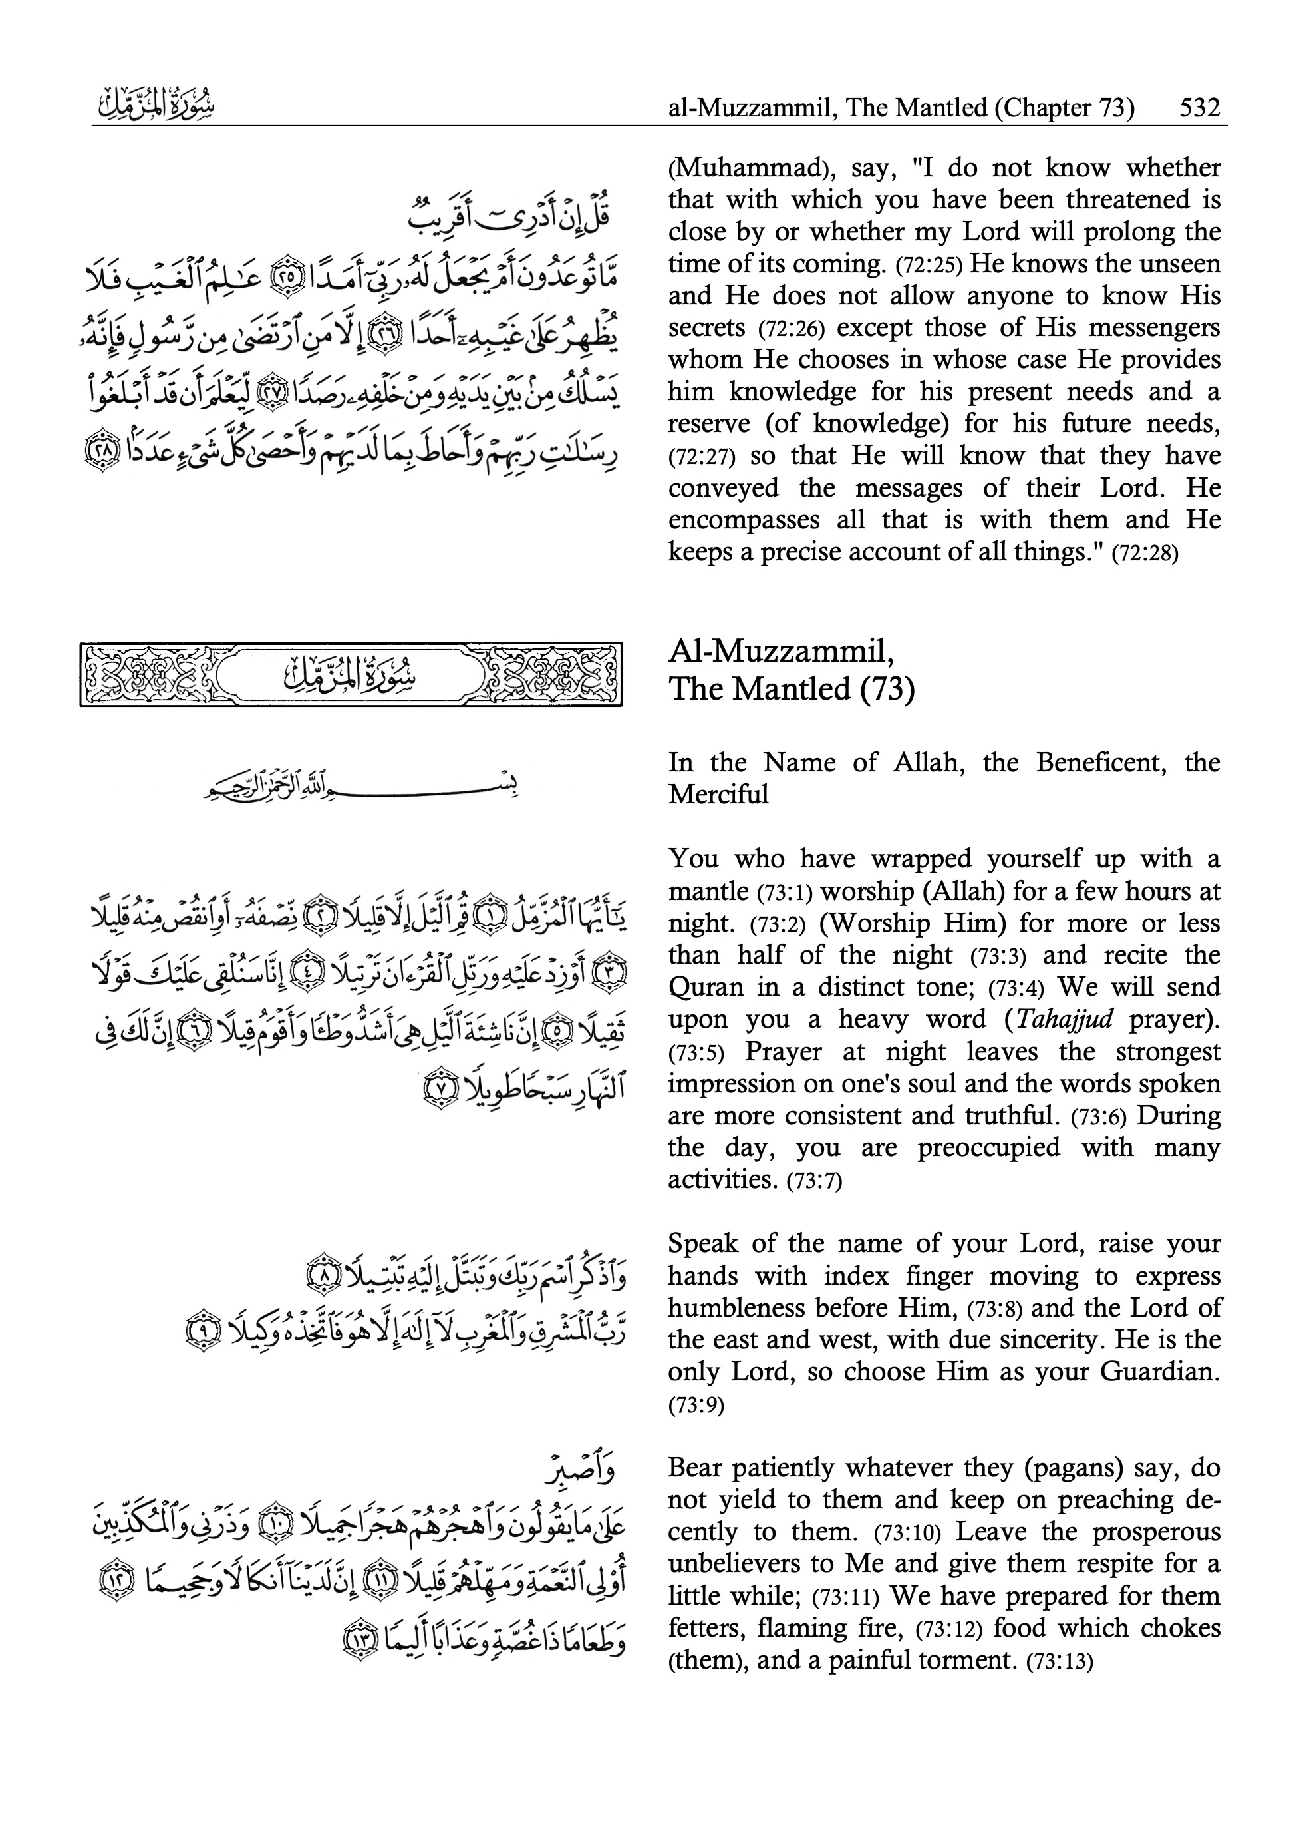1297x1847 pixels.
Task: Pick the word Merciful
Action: (x=718, y=795)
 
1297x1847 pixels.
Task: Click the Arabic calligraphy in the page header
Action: (x=153, y=106)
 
